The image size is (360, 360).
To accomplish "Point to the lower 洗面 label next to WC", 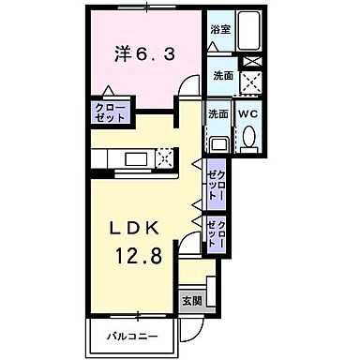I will pos(218,113).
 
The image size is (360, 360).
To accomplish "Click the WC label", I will pos(248,113).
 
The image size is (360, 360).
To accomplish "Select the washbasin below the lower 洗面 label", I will pos(218,143).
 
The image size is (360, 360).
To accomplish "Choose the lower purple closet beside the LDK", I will pos(216,233).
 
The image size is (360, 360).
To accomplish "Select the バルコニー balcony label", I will pos(131,335).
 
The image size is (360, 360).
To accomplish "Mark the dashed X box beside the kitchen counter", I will pos(167,157).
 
